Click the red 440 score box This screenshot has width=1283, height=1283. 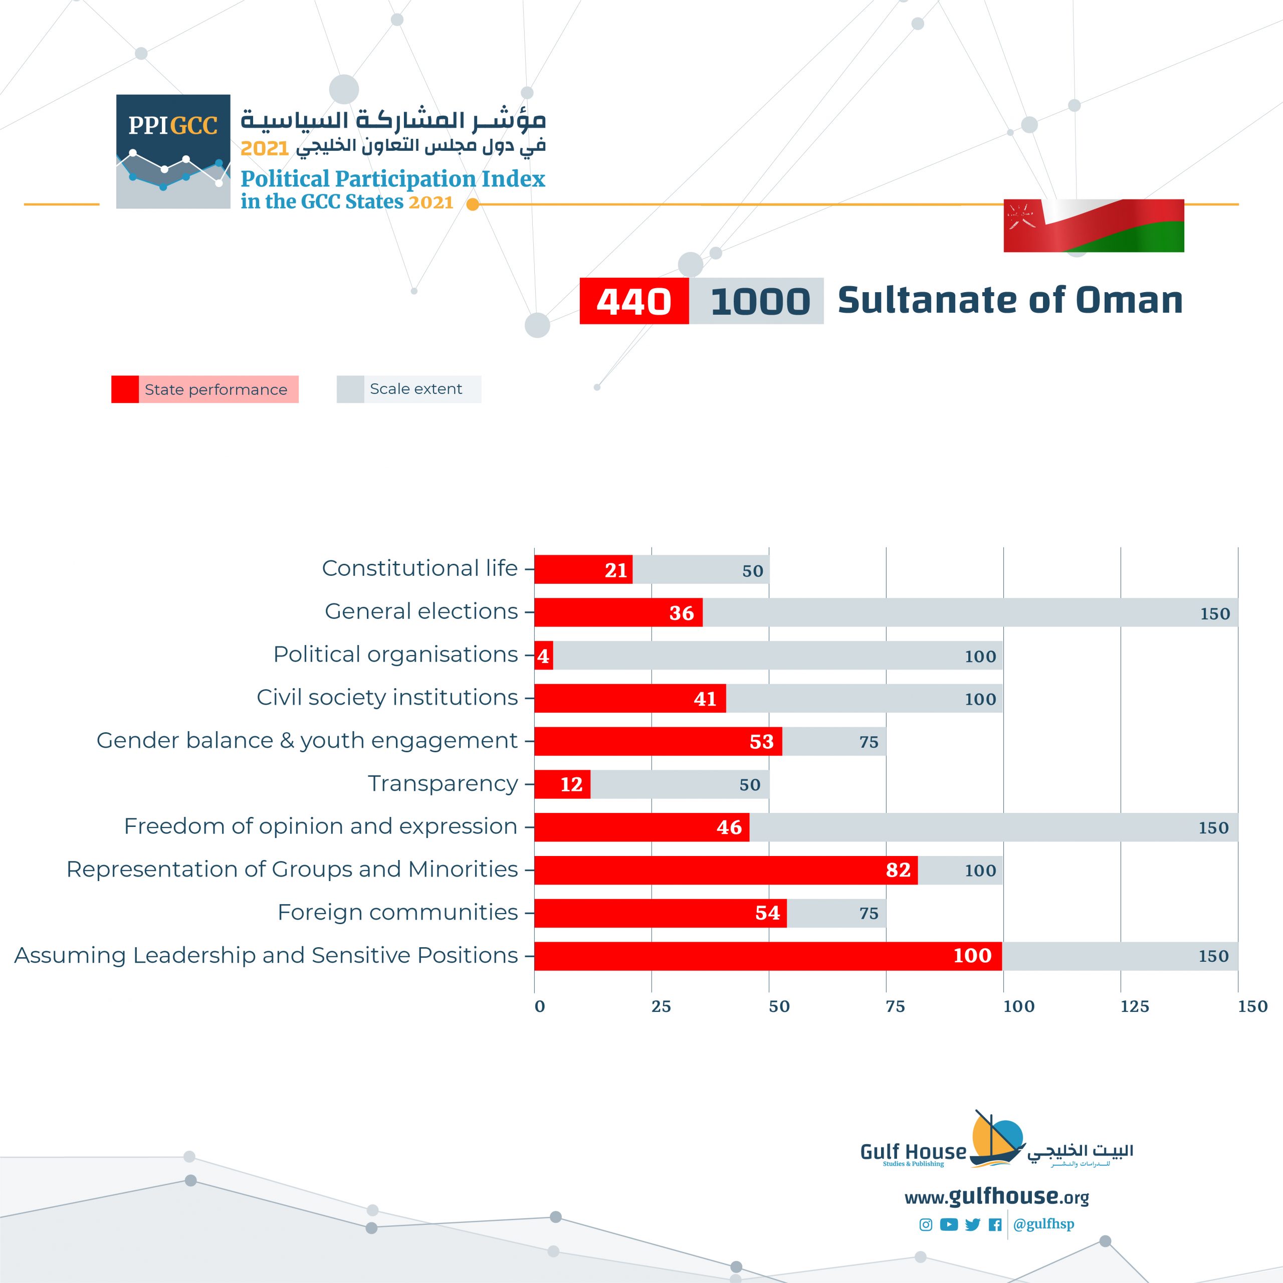(633, 301)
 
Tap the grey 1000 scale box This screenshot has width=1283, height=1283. (756, 301)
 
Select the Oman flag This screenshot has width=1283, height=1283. (1093, 226)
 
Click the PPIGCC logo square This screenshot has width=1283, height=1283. (173, 151)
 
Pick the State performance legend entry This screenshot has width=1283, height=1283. (205, 389)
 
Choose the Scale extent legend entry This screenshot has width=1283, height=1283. (408, 389)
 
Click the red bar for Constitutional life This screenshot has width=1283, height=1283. (583, 570)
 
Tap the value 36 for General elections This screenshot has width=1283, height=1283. (682, 613)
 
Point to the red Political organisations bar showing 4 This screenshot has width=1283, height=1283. (543, 656)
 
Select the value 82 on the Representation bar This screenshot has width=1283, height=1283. (898, 870)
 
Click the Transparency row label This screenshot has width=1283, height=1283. (443, 784)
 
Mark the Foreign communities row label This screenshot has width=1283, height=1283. (397, 913)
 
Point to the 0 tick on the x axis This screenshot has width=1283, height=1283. (539, 1007)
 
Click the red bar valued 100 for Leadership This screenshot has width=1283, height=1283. (768, 956)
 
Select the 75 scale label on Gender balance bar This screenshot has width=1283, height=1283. (869, 742)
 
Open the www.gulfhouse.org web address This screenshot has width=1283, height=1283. (996, 1197)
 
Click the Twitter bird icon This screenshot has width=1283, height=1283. (972, 1224)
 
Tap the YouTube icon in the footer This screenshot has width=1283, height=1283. (949, 1224)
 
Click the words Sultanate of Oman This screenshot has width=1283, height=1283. (1010, 300)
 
